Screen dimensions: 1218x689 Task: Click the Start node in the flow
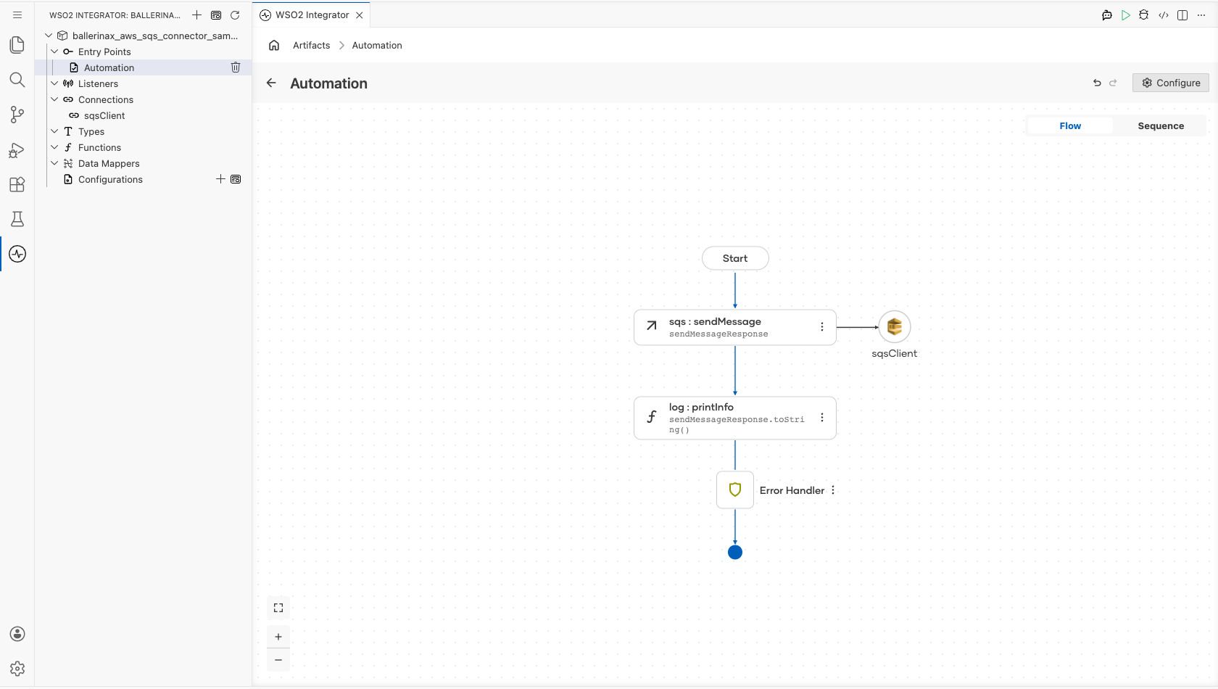tap(735, 258)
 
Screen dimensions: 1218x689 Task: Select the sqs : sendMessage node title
tap(715, 322)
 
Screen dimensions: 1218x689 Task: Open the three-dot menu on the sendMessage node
tap(822, 327)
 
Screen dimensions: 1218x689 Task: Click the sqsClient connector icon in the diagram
tap(895, 327)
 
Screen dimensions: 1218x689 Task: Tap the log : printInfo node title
tap(702, 408)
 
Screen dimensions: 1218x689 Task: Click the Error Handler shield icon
tap(735, 490)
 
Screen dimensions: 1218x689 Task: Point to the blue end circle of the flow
tap(735, 553)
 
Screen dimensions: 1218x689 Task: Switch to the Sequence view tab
tap(1161, 126)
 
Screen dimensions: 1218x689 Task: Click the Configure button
tap(1171, 83)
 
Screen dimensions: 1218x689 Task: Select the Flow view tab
tap(1070, 126)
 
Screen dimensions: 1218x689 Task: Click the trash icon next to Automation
tap(236, 67)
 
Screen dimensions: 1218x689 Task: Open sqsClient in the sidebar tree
tap(104, 116)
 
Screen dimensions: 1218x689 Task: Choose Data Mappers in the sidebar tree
tap(109, 164)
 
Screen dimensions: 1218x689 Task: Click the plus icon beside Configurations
tap(220, 179)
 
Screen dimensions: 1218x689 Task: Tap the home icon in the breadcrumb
tap(274, 45)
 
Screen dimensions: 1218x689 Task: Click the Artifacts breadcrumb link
tap(312, 45)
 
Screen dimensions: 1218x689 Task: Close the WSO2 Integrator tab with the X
tap(360, 15)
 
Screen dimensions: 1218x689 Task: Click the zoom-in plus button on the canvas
tap(278, 637)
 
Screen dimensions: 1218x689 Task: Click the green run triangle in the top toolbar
tap(1125, 15)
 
